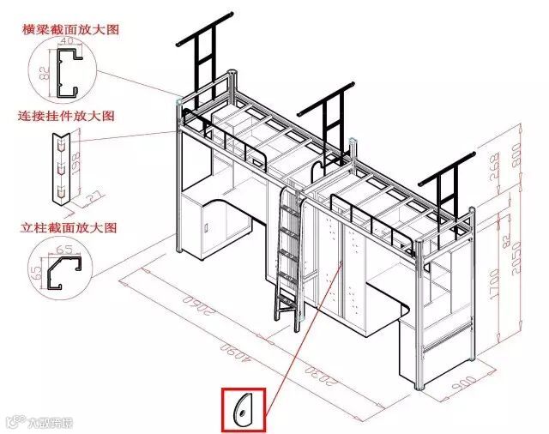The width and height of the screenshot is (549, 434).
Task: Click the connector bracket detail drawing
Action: [59, 168]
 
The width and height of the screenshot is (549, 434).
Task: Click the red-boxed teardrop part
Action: [244, 409]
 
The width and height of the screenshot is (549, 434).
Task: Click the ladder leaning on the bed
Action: [287, 253]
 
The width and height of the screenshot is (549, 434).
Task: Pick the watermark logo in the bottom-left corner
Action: [39, 421]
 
